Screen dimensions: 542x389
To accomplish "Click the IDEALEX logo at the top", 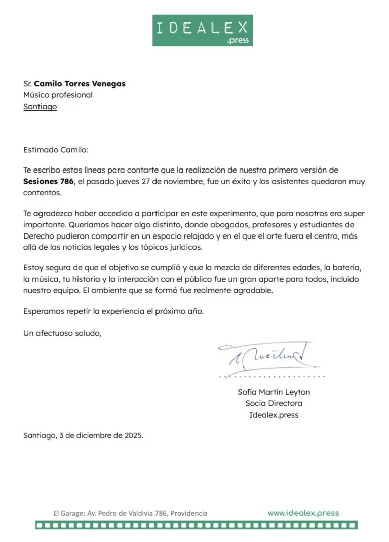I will click(203, 30).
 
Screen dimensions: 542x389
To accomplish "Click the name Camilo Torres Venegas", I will click(80, 84).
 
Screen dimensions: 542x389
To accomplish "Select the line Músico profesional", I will click(58, 95).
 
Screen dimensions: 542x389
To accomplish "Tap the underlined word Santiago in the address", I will click(40, 107).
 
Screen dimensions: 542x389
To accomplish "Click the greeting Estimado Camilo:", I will click(56, 150).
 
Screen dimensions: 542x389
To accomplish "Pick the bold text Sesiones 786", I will click(49, 181).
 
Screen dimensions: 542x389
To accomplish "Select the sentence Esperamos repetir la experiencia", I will click(113, 311).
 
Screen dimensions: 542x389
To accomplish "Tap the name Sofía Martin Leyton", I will click(274, 392).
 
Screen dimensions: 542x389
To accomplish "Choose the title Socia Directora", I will click(274, 403).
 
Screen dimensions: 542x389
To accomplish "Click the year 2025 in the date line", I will click(133, 435).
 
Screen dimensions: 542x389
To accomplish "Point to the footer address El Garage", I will click(130, 513).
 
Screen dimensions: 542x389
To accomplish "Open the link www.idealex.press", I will click(303, 513).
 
